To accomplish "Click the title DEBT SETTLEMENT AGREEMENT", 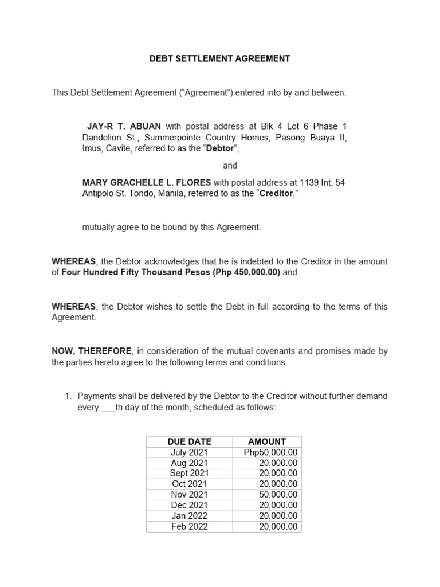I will [x=219, y=58].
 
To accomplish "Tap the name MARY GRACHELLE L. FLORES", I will [x=147, y=182].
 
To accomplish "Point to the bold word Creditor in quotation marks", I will [x=276, y=193].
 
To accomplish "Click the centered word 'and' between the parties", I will [x=230, y=166].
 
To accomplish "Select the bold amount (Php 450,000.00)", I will [x=246, y=272].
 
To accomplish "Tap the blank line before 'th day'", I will [x=108, y=408].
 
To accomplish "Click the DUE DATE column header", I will [x=190, y=441].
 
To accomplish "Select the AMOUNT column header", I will [x=267, y=441].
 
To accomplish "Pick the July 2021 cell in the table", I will [x=190, y=452].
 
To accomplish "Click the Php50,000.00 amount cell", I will [x=270, y=452].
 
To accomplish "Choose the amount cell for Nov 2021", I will [x=278, y=494].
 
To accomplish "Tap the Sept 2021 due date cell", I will [x=190, y=473].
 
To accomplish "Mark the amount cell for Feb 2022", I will [x=278, y=526].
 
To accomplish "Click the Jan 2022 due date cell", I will [x=190, y=515].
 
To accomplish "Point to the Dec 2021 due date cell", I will [x=190, y=505].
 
